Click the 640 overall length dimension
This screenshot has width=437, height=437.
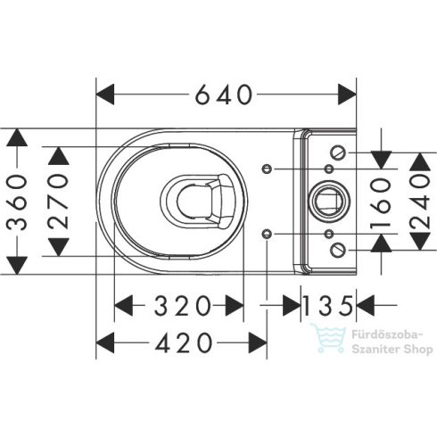tap(226, 93)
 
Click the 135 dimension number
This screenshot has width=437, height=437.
tap(328, 305)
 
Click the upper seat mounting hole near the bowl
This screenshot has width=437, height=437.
tap(268, 169)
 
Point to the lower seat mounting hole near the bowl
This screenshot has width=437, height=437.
tap(268, 234)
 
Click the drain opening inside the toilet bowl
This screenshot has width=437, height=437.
tap(198, 201)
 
